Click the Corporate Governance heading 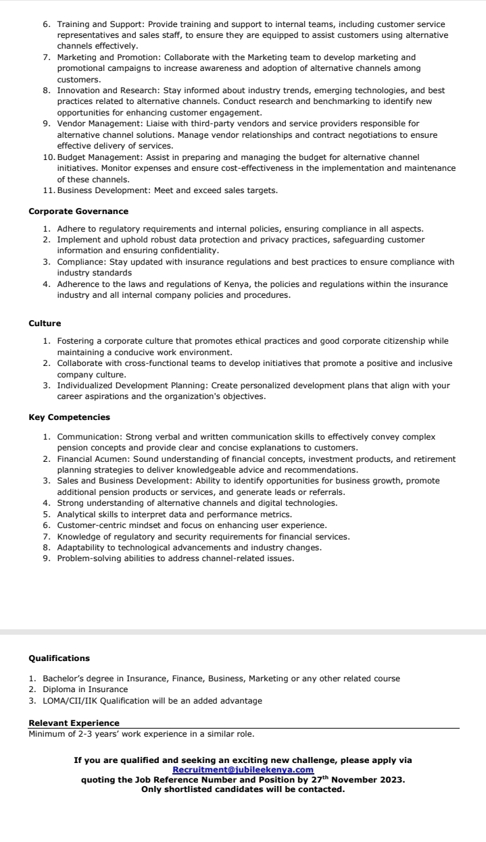pyautogui.click(x=78, y=211)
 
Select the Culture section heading pyautogui.click(x=45, y=323)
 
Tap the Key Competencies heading pyautogui.click(x=69, y=417)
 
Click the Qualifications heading pyautogui.click(x=59, y=658)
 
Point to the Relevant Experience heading pyautogui.click(x=74, y=723)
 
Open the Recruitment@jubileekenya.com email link pyautogui.click(x=243, y=770)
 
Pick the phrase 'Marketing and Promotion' pyautogui.click(x=103, y=57)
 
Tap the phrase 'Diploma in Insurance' pyautogui.click(x=85, y=689)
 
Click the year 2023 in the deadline pyautogui.click(x=391, y=780)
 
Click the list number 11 pyautogui.click(x=47, y=190)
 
